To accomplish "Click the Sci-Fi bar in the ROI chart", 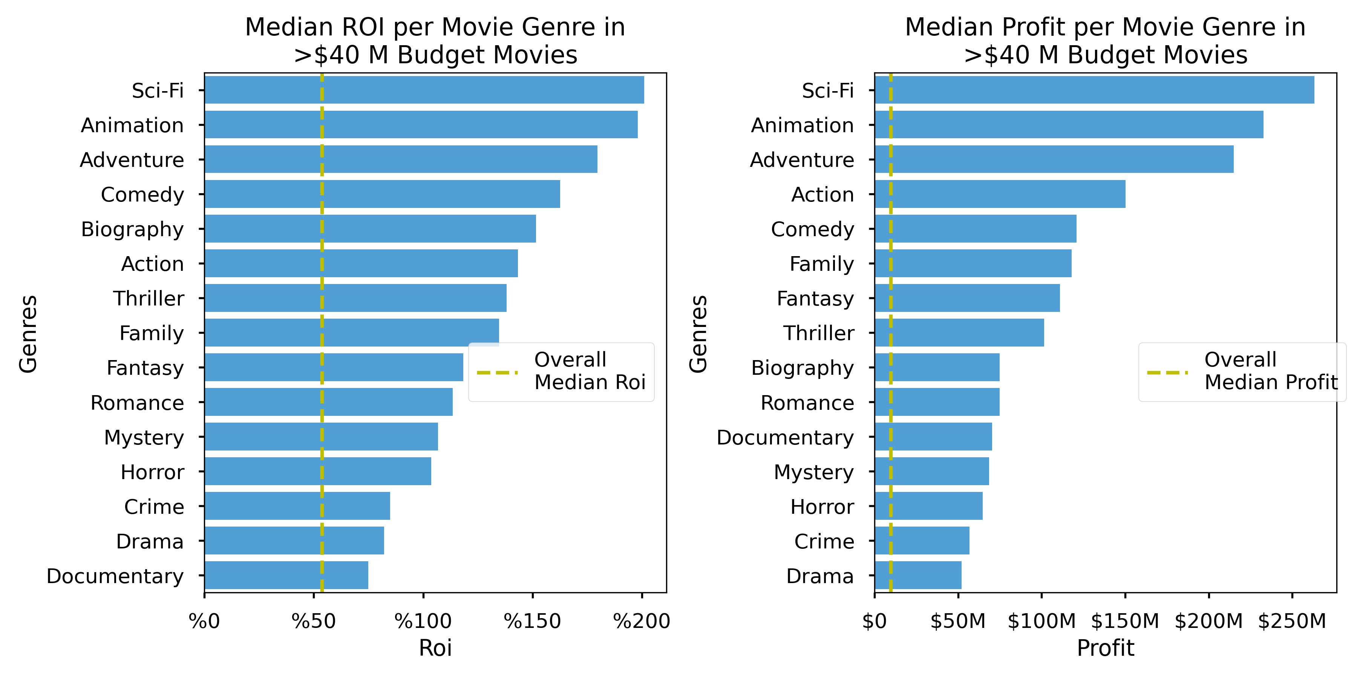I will [424, 90].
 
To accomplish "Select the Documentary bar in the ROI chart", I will [286, 575].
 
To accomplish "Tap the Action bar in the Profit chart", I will [1000, 194].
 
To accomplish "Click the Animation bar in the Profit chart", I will [1069, 125].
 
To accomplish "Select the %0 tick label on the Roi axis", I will [204, 621].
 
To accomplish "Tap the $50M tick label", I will [958, 621].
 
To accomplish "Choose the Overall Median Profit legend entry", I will [1242, 372].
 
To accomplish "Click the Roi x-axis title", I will [435, 648].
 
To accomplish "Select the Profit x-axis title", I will [1105, 648].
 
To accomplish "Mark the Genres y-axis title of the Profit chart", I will [698, 334].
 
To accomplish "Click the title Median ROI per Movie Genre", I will [435, 41].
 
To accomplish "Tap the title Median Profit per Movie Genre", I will [1105, 41].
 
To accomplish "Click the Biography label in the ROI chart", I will [132, 229].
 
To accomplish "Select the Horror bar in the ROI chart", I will [318, 471].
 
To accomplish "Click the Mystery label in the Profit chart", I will [813, 472].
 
